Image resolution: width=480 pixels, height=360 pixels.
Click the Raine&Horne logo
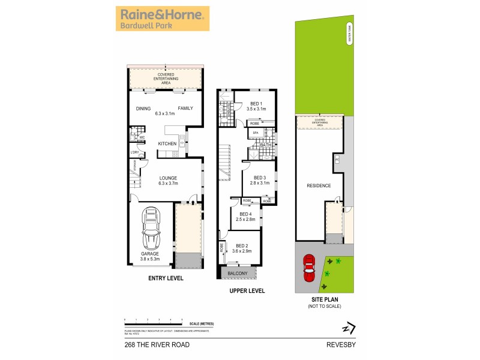tap(162, 19)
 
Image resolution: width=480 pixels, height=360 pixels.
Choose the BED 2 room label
tap(242, 245)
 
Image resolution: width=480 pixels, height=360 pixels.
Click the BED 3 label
tap(259, 178)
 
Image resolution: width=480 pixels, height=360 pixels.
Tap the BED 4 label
tap(245, 215)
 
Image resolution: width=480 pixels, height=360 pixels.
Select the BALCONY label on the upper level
tap(238, 273)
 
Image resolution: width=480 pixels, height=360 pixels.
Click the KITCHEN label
tap(167, 144)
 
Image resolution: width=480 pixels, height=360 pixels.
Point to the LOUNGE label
tap(167, 178)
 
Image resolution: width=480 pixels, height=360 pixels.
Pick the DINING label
tap(143, 109)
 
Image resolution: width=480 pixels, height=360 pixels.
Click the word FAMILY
tap(185, 109)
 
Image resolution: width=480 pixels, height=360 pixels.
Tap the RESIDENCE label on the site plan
tap(319, 185)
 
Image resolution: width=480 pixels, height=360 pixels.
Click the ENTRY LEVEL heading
tap(166, 278)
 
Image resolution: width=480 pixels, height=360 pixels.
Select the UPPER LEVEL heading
tap(247, 291)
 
